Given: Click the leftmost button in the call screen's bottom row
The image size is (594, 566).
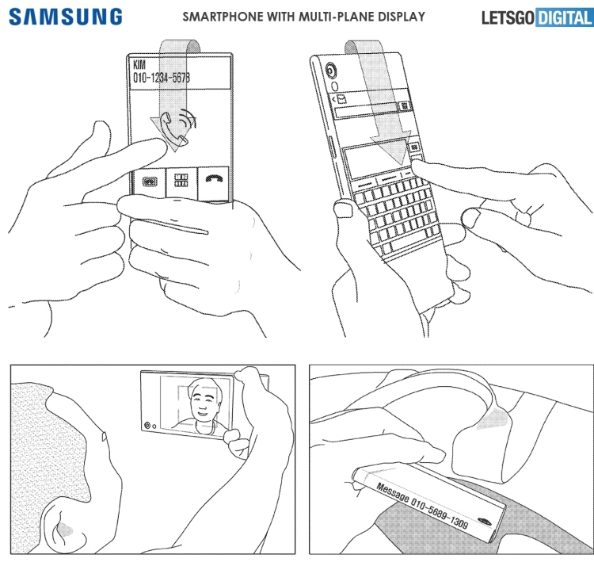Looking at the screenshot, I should [148, 182].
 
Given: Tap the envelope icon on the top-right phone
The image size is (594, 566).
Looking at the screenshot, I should [341, 99].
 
